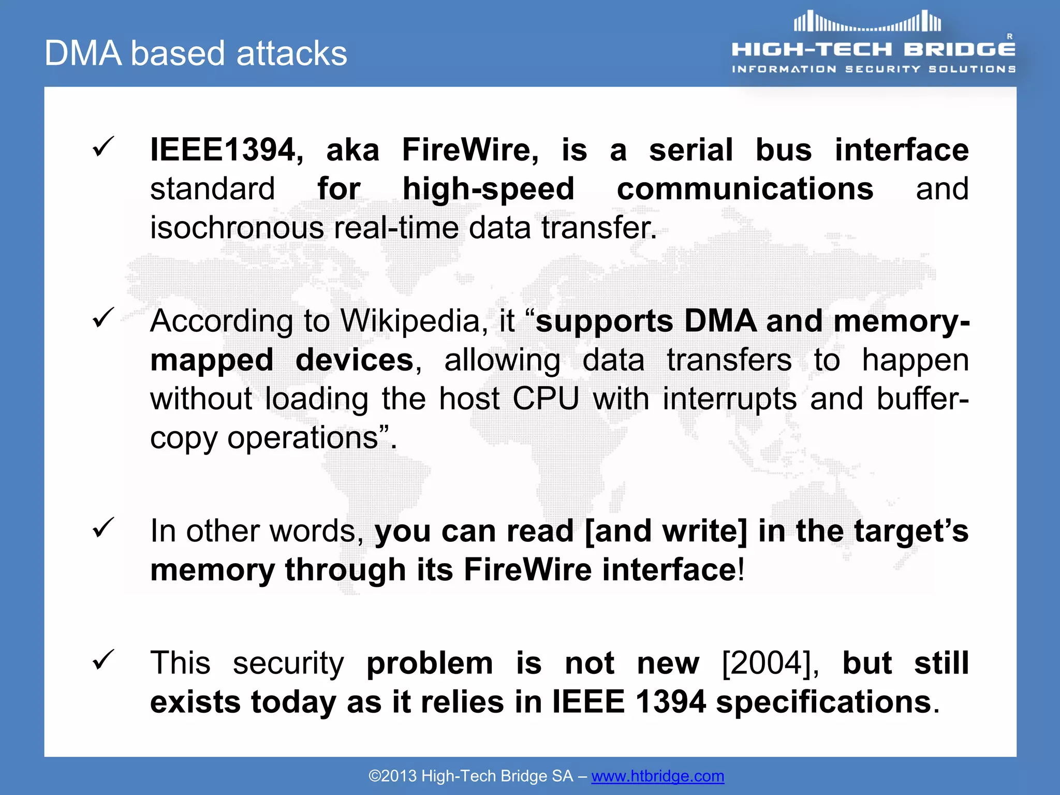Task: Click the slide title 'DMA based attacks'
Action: click(196, 53)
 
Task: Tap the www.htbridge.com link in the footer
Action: click(657, 776)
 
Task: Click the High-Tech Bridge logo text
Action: click(873, 50)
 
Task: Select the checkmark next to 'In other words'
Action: click(103, 527)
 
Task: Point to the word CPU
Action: click(546, 399)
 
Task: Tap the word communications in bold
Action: click(745, 189)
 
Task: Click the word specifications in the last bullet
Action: click(823, 702)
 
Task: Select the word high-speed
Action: click(488, 189)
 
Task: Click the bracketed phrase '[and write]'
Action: click(666, 531)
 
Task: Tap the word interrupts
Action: click(729, 399)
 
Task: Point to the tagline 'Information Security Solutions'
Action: click(873, 69)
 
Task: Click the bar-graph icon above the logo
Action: click(867, 22)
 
